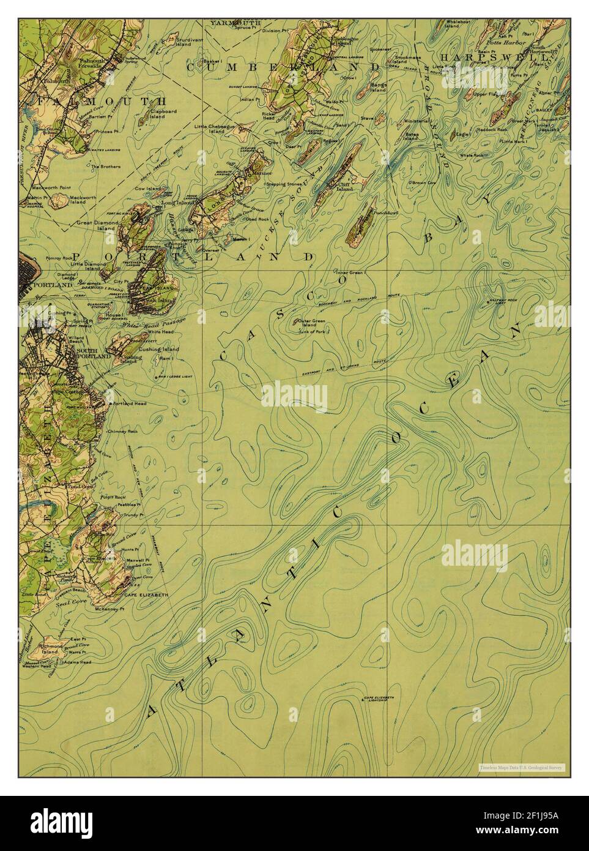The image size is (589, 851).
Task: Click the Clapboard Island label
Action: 157,114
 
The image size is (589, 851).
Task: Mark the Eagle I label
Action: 462,133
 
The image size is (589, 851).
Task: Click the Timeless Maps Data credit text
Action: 522,767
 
